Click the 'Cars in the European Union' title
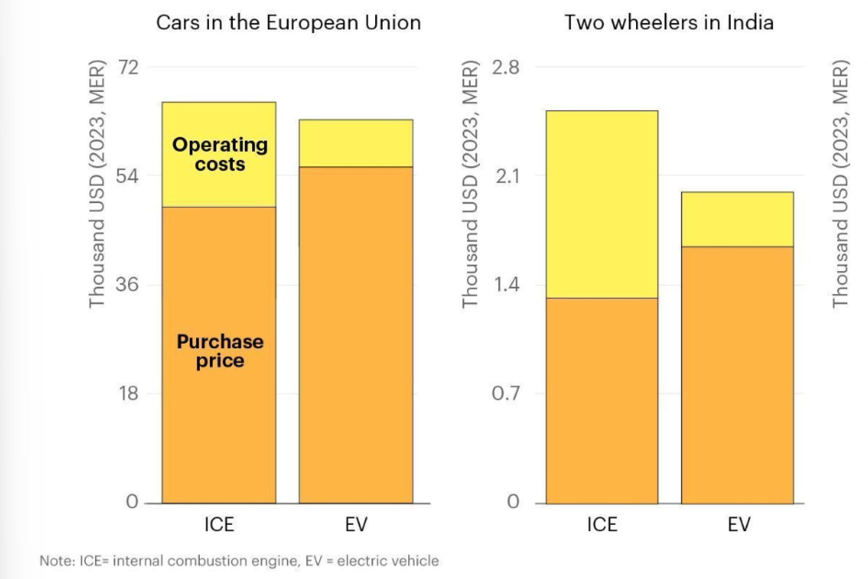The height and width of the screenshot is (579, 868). [288, 23]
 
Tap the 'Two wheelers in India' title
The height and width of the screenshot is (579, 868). [669, 23]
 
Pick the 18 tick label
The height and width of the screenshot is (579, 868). [128, 394]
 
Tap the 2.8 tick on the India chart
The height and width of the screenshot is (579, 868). [506, 68]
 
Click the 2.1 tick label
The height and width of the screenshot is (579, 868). [507, 176]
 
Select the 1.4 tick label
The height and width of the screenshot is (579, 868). [506, 285]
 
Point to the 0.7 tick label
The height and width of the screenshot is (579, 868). [506, 394]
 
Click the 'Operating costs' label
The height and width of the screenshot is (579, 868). [220, 154]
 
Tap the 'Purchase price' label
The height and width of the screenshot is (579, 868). [220, 351]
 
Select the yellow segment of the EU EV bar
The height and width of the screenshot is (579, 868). [356, 143]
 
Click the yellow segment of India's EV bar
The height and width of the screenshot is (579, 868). [737, 219]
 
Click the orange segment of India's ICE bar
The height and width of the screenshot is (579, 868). [602, 400]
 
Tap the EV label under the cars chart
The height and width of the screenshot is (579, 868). [356, 525]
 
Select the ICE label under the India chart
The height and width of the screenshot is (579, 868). [602, 525]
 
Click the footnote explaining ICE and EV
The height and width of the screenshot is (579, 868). [239, 561]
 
